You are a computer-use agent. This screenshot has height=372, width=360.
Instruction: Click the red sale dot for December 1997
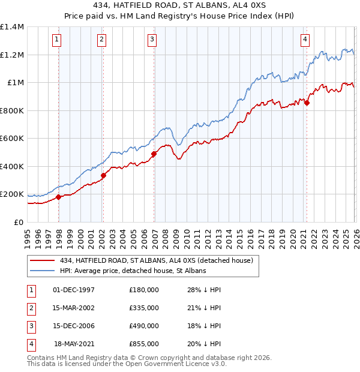[58, 197]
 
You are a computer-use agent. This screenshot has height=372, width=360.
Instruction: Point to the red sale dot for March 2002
[103, 176]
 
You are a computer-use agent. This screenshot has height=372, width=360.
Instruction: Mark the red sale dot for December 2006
[154, 154]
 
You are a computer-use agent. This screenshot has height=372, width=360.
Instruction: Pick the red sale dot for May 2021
[307, 103]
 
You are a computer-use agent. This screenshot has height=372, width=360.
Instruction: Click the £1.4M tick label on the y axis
[12, 27]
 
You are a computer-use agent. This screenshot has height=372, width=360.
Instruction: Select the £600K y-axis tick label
[12, 139]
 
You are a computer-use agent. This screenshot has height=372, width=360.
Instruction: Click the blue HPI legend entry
[133, 271]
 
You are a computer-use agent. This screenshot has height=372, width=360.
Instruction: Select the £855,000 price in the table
[144, 344]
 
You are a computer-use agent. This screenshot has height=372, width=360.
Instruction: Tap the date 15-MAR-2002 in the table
[74, 308]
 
